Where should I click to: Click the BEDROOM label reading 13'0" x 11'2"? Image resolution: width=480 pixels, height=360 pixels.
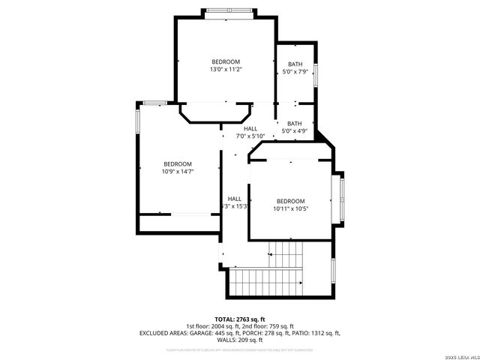click(x=226, y=65)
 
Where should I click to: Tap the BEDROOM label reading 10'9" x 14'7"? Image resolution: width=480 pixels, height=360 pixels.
click(x=178, y=167)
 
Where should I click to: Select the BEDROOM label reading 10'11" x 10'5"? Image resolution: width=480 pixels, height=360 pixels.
click(x=290, y=205)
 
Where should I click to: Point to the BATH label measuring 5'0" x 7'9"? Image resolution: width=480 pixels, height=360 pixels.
click(x=295, y=68)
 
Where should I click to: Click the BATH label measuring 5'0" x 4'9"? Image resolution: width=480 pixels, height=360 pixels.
click(x=295, y=127)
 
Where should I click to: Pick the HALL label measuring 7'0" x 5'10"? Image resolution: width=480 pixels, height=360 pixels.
click(x=250, y=132)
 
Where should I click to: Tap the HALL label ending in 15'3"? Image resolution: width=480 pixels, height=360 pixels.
click(x=235, y=202)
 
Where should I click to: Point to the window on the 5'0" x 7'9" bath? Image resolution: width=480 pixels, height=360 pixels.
click(x=316, y=74)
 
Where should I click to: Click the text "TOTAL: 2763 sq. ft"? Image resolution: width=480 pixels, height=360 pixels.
click(x=240, y=319)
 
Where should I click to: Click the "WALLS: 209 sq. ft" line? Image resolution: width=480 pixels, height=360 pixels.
click(x=240, y=340)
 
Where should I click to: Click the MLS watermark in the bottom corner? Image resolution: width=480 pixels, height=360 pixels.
click(x=460, y=355)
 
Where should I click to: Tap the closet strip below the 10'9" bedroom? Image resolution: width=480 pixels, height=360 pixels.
click(x=178, y=223)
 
